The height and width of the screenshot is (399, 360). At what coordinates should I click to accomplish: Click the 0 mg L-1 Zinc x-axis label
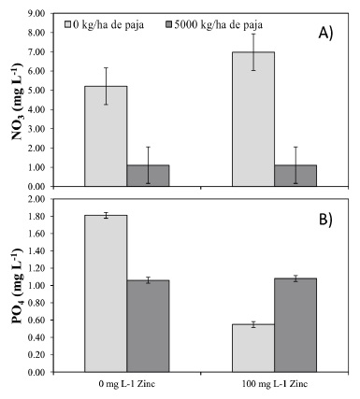pos(127,385)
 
